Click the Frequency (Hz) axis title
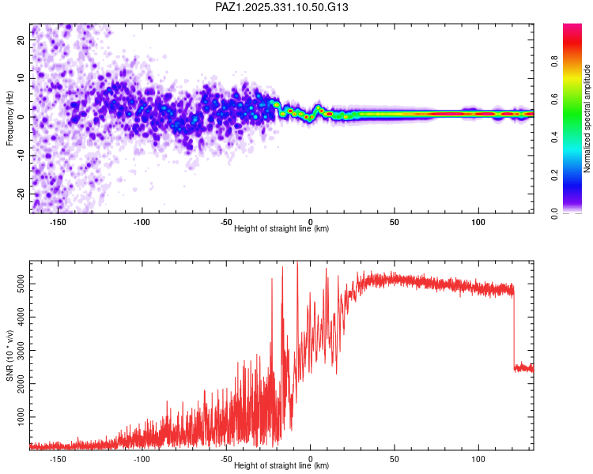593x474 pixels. tap(9, 117)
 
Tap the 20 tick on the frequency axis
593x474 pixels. tap(22, 39)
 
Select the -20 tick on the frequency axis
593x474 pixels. tap(21, 194)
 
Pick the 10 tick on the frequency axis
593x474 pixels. tap(22, 78)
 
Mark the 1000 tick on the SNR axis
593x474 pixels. tap(17, 416)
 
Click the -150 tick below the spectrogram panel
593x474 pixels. tap(58, 222)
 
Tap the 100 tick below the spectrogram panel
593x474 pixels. tap(478, 222)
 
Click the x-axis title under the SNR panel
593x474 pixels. tap(282, 466)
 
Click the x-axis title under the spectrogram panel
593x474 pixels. tap(282, 229)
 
